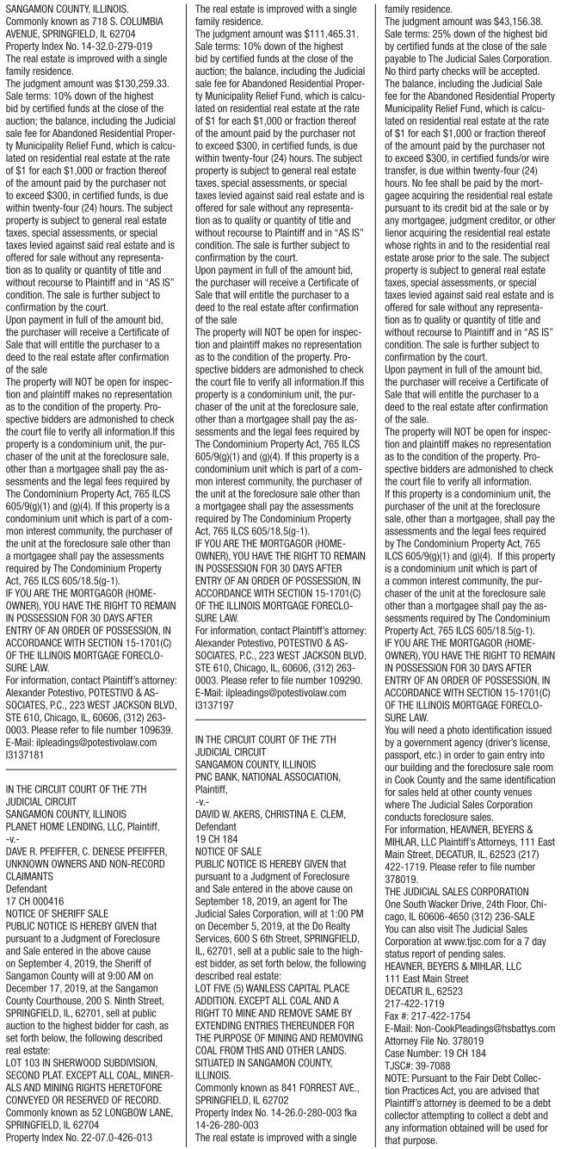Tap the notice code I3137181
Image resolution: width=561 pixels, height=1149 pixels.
click(x=27, y=732)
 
